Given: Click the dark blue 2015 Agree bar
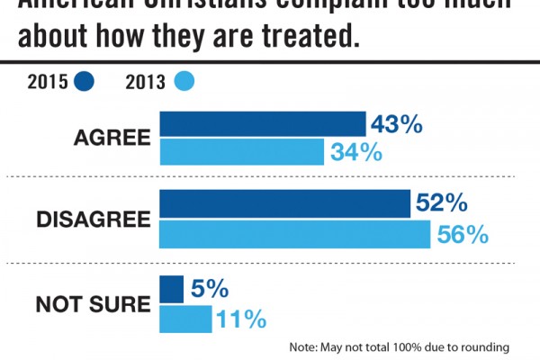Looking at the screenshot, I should [262, 124].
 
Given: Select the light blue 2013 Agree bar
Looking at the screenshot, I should [241, 152].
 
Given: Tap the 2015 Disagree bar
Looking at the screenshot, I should [284, 204].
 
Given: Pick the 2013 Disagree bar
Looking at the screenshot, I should [294, 234].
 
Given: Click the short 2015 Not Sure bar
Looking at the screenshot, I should [171, 290].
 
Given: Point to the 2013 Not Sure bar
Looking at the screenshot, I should [185, 319].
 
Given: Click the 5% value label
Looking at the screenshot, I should [210, 290].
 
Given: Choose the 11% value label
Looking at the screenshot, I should [241, 319].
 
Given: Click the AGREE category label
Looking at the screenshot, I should [112, 139].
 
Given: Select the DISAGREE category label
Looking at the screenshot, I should [94, 220].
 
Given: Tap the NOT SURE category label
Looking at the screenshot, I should [93, 304].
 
